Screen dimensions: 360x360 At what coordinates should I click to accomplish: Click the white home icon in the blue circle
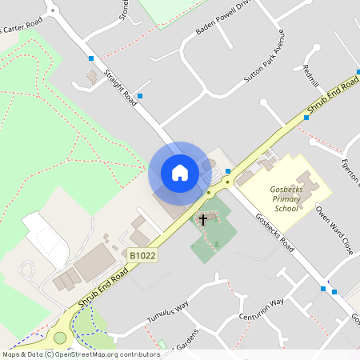coord(180,173)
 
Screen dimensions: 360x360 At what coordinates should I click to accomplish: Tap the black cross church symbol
coord(203,218)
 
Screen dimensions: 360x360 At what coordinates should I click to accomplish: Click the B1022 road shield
coord(141,256)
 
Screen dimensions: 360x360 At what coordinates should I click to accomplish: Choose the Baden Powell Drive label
coord(223,21)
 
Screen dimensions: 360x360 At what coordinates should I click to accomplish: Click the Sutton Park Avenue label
coord(264,61)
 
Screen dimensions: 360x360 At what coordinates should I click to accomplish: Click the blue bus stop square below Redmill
coord(306,118)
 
